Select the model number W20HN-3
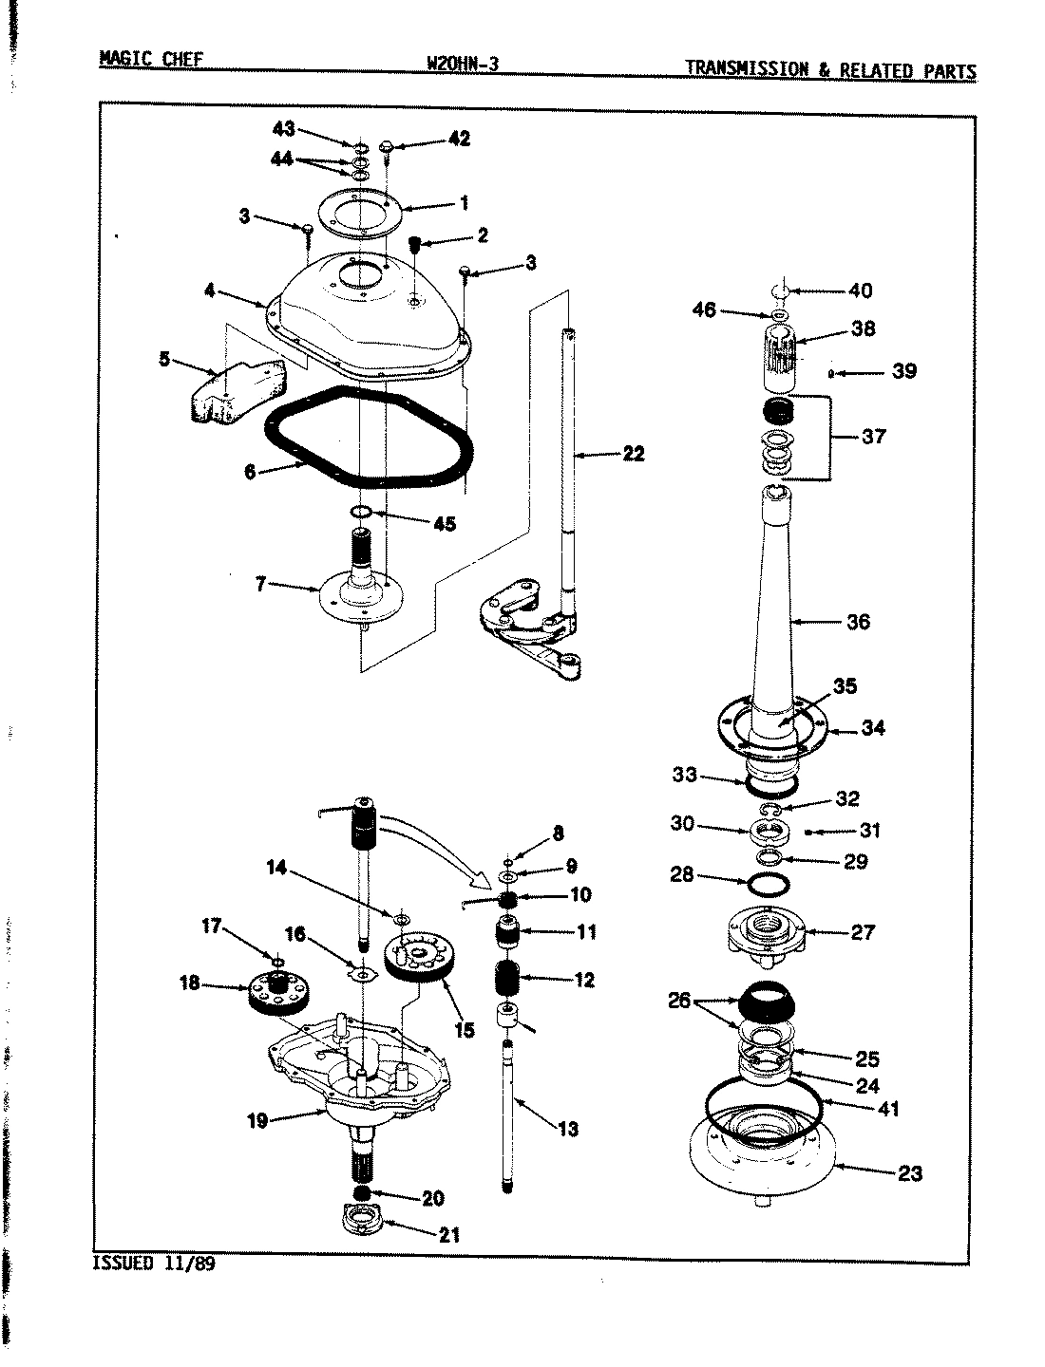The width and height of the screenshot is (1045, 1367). pos(464,65)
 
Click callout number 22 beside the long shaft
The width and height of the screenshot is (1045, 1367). pos(633,454)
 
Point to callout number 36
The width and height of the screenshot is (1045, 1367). pos(857,622)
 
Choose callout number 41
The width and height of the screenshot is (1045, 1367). pos(887,1108)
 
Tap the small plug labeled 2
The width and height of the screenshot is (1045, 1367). pos(415,246)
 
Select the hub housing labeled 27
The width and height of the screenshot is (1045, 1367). pos(764,933)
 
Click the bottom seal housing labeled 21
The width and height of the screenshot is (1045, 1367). pos(362,1220)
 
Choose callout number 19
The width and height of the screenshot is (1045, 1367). pos(257,1121)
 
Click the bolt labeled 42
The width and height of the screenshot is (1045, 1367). pos(389,146)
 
